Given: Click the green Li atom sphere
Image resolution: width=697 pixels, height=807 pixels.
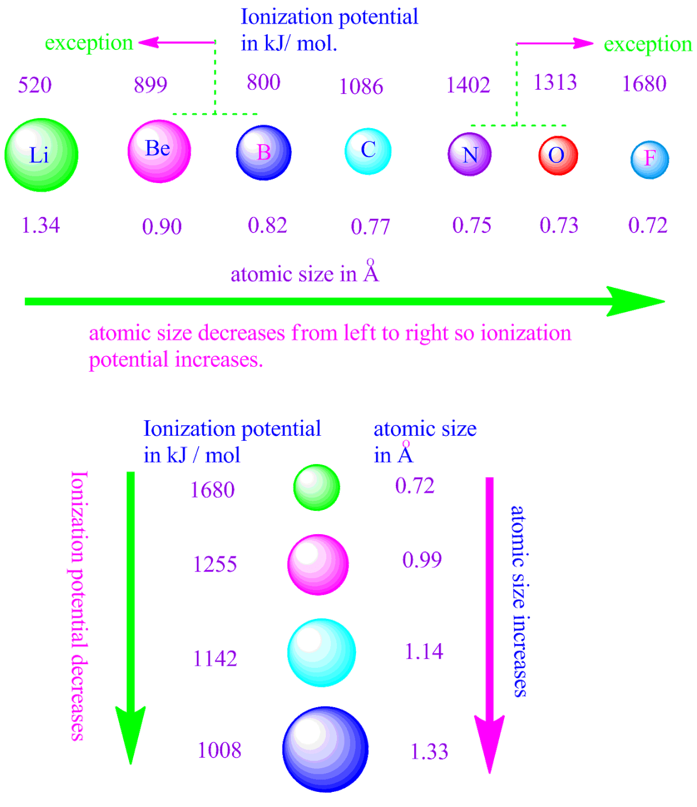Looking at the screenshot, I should click(41, 155).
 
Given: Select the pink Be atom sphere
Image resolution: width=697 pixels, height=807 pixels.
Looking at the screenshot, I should click(159, 151).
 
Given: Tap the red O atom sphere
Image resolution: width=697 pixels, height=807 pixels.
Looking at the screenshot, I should click(558, 155).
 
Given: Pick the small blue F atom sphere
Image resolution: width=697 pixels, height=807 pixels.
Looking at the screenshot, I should click(650, 160).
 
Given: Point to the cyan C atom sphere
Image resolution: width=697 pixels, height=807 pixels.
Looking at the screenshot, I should click(368, 151).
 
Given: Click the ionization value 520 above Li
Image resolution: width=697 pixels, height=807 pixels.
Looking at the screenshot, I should click(35, 85).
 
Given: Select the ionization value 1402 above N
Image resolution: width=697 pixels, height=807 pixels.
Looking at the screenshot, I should click(468, 85).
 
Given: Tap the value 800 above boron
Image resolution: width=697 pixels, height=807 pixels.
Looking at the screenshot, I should click(263, 82).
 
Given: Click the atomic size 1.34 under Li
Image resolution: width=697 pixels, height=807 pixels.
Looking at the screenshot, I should click(41, 225).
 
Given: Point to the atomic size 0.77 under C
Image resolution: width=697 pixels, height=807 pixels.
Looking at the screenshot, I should click(371, 226).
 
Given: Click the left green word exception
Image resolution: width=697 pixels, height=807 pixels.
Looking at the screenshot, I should click(89, 43).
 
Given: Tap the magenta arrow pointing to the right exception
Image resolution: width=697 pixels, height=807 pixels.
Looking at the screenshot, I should click(555, 44).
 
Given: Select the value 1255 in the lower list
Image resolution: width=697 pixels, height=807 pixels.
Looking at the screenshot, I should click(215, 564).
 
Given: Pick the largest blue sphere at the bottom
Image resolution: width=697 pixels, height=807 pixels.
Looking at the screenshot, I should click(325, 749).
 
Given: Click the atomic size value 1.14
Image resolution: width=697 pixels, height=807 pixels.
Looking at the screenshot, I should click(424, 651).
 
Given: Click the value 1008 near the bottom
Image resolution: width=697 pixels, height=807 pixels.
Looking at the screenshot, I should click(219, 751).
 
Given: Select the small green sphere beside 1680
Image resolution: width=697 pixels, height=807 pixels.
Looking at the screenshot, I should click(317, 487).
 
